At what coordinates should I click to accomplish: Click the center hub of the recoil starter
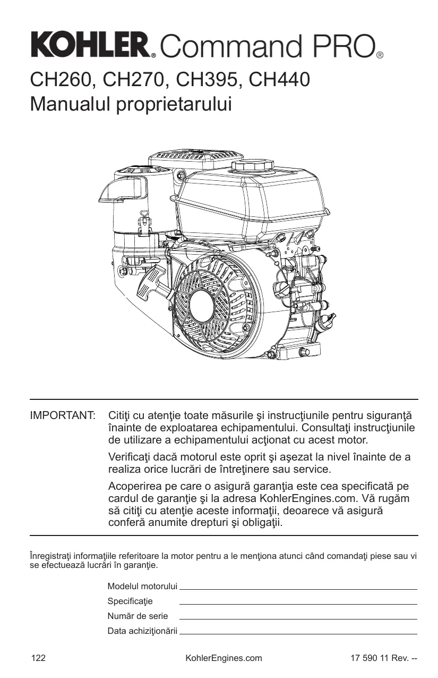[x=202, y=305]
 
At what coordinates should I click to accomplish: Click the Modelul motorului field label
[x=142, y=586]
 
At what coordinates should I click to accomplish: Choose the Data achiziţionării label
[x=142, y=631]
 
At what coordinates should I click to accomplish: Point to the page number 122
[x=39, y=658]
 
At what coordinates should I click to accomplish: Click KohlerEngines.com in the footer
[x=224, y=658]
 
